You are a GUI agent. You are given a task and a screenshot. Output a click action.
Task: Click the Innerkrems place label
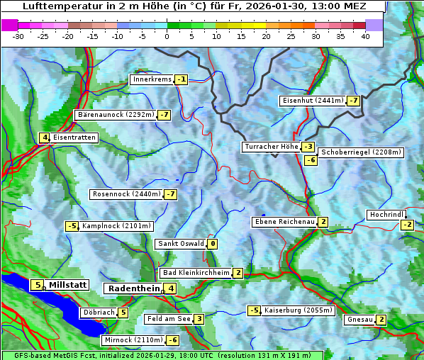[152, 79]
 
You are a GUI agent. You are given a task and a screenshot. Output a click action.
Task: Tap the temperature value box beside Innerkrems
[182, 79]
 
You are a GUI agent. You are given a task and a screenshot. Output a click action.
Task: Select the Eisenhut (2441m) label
[313, 101]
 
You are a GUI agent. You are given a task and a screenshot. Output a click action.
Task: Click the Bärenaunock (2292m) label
[115, 115]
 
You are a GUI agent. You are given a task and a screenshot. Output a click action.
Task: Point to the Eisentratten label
[74, 137]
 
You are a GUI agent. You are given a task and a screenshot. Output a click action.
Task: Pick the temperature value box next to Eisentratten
[44, 137]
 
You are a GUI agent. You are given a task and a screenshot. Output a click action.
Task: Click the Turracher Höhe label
[271, 147]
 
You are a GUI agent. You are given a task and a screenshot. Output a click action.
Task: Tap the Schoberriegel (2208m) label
[361, 152]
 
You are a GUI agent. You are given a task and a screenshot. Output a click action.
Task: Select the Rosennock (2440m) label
[125, 194]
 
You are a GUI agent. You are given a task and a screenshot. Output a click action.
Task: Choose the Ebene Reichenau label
[284, 222]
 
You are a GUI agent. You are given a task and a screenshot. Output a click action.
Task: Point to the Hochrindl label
[386, 215]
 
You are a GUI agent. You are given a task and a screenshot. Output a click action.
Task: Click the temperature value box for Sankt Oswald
[212, 244]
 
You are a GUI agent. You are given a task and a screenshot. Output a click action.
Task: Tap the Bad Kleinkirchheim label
[196, 273]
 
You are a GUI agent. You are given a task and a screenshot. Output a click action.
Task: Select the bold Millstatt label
[67, 285]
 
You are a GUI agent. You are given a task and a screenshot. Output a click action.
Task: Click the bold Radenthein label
[133, 288]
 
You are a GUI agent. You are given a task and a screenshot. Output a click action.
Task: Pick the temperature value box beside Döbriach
[123, 313]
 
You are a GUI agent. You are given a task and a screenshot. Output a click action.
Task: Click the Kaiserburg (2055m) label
[298, 310]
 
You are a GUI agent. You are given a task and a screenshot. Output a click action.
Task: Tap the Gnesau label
[359, 320]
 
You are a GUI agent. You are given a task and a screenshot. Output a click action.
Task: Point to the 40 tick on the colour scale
[365, 36]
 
